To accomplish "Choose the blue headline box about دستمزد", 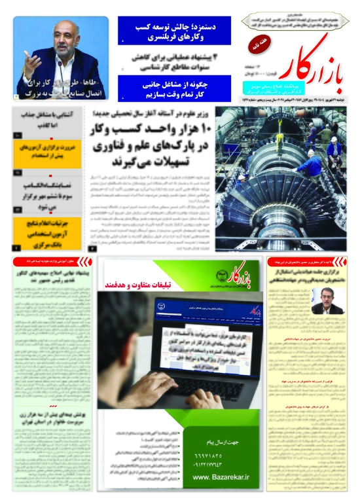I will pos(174,30).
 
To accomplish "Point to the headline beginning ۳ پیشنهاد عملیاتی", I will pos(174,60).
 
